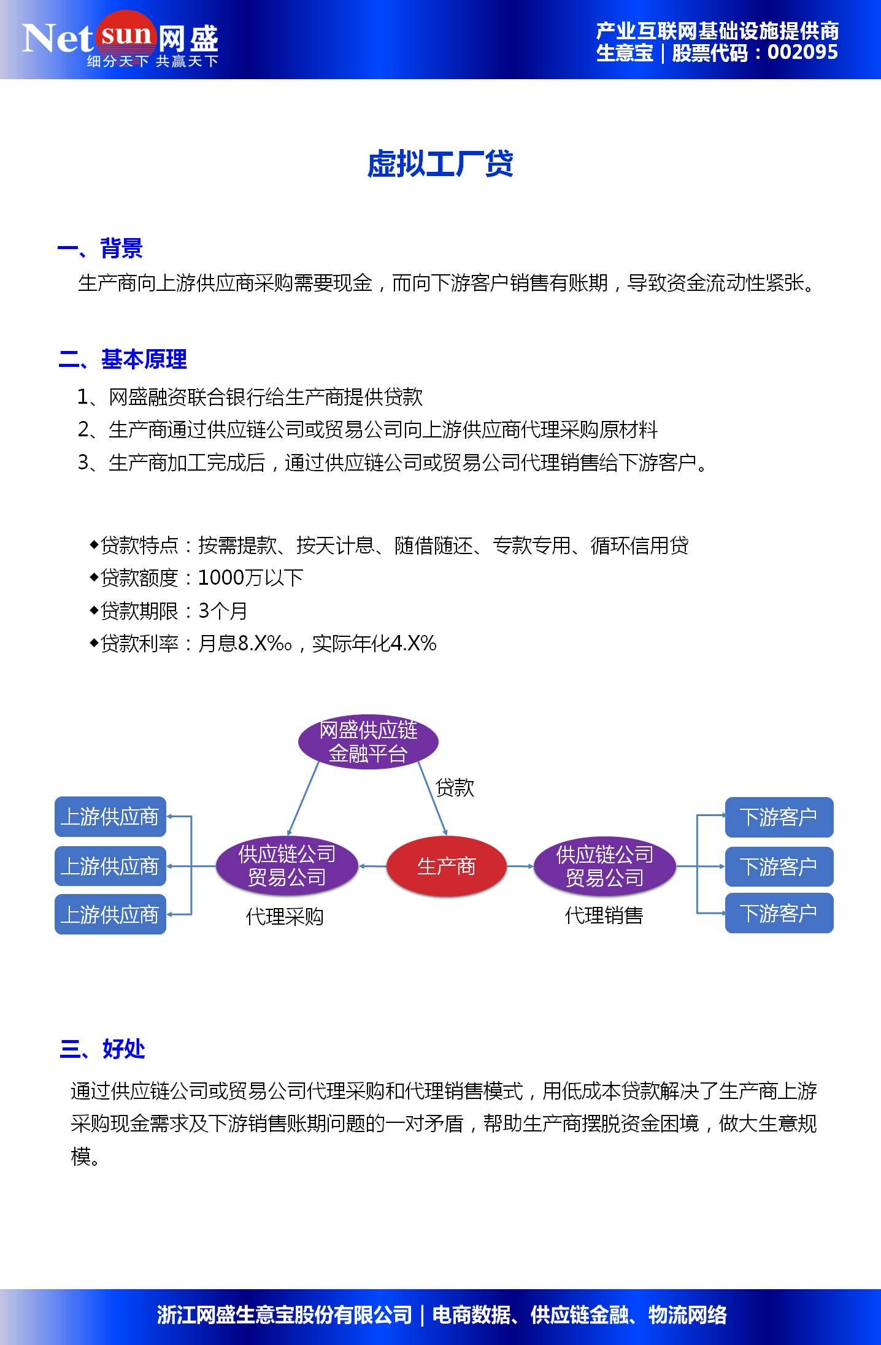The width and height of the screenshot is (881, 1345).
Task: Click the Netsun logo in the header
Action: click(x=120, y=39)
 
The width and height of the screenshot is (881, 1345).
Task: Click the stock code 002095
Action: click(x=802, y=52)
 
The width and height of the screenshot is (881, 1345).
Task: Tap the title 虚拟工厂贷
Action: click(x=440, y=164)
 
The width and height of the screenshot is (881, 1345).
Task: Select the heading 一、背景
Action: click(x=100, y=249)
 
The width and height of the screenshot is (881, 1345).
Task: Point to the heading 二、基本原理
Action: click(x=123, y=359)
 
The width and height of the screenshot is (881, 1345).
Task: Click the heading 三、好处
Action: click(x=102, y=1049)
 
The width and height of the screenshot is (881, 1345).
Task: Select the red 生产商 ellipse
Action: click(x=446, y=866)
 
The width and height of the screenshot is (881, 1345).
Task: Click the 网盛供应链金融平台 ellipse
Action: click(x=368, y=741)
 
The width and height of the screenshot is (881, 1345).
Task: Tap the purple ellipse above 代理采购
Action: click(x=287, y=866)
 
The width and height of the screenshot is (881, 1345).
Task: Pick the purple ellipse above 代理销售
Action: click(x=604, y=866)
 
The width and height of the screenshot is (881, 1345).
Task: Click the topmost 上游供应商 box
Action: click(x=110, y=817)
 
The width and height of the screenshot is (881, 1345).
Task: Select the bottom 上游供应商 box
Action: click(x=110, y=914)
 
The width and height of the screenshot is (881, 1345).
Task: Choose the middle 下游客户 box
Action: click(x=779, y=866)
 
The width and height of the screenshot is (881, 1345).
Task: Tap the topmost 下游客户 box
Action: click(x=779, y=817)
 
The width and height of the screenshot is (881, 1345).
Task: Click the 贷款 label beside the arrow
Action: click(x=455, y=787)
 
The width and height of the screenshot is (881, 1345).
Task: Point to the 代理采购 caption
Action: click(x=285, y=917)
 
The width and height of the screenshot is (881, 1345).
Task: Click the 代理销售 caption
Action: click(x=604, y=915)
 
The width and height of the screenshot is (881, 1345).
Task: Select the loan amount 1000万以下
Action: click(x=250, y=577)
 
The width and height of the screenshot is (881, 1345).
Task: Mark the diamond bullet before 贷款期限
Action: click(x=94, y=610)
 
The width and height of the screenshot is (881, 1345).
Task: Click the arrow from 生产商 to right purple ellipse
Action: click(x=520, y=866)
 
